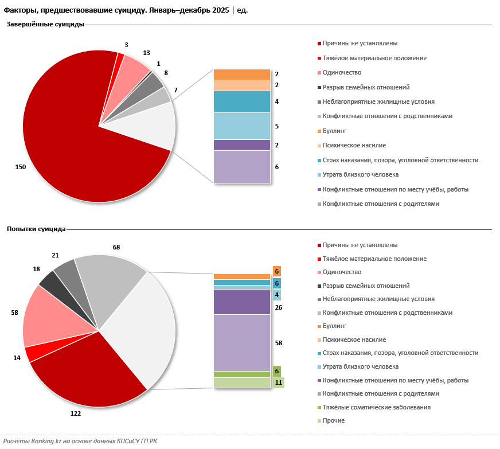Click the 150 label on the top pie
21,167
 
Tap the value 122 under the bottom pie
75,413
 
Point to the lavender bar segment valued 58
241,342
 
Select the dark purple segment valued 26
241,302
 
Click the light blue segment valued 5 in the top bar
241,126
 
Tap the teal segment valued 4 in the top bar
241,101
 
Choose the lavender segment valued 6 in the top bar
241,167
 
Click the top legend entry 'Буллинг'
335,131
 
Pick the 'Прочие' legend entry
334,421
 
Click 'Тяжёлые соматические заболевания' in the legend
376,407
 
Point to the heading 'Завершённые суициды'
46,25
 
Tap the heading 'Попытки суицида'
36,229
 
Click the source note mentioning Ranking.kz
80,441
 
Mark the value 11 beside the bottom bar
278,382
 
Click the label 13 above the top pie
146,53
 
